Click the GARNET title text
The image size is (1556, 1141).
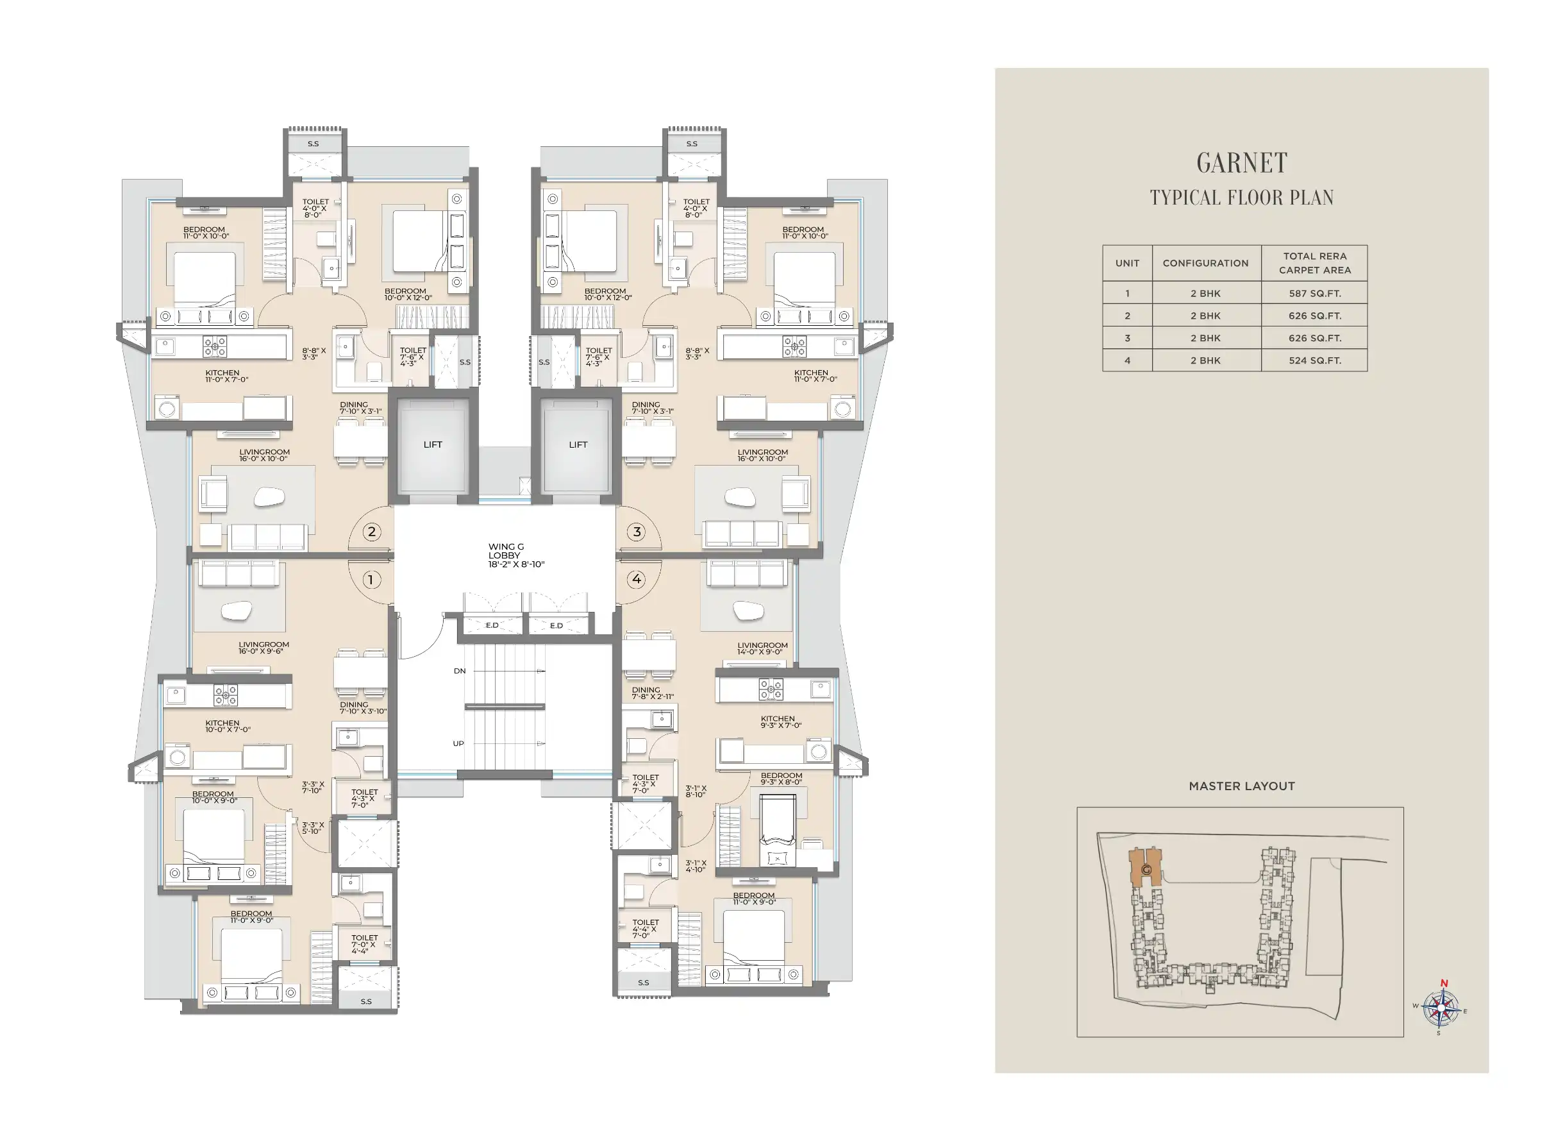click(1241, 163)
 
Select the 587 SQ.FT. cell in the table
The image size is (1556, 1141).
click(1314, 294)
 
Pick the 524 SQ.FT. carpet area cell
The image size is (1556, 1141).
click(1314, 360)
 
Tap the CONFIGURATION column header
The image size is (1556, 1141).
click(1205, 263)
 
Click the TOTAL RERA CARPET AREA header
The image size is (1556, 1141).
click(1314, 263)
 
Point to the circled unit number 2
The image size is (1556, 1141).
click(371, 532)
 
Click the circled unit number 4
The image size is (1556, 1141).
click(637, 579)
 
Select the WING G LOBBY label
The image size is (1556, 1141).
click(515, 555)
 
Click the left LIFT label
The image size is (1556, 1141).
click(433, 445)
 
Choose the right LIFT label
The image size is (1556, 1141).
click(578, 445)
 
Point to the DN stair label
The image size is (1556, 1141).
click(460, 671)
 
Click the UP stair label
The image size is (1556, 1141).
click(458, 743)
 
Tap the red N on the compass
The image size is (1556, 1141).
click(1443, 983)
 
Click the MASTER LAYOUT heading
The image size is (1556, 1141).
click(1241, 786)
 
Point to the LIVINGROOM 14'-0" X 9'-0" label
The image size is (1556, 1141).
click(762, 648)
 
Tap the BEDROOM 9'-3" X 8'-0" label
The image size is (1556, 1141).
click(782, 779)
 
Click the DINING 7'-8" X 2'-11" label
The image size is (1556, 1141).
click(653, 693)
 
